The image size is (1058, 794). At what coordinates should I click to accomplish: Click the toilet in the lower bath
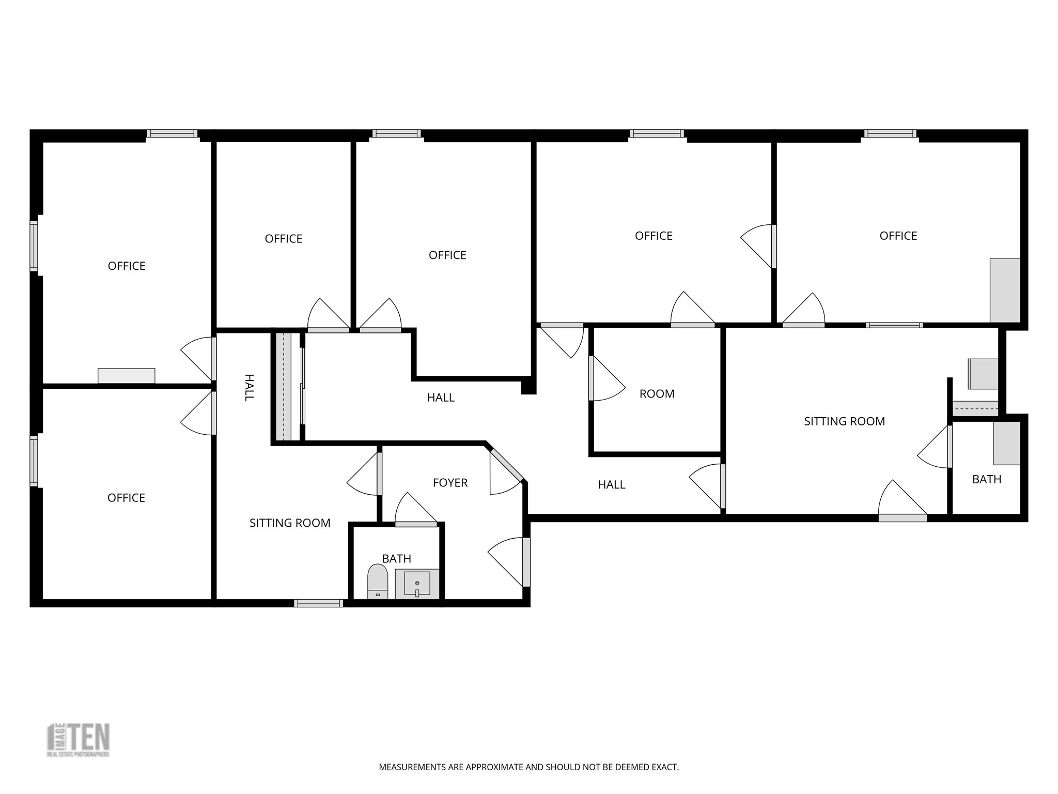click(378, 581)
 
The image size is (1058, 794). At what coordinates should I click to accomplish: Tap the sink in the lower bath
click(417, 584)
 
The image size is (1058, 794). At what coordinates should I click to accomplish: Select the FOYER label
click(450, 483)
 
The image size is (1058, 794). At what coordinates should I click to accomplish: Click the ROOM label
click(657, 394)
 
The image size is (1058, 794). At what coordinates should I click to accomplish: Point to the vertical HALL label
click(248, 388)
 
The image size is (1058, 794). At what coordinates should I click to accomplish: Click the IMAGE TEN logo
click(79, 740)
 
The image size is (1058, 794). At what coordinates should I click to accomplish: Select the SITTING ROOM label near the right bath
click(844, 421)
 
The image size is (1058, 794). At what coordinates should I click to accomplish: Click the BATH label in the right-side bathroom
click(986, 479)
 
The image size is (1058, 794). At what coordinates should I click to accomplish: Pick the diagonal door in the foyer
click(506, 465)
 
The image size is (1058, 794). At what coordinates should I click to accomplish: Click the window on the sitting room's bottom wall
click(318, 603)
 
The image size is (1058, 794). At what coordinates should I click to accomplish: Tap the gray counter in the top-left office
click(127, 376)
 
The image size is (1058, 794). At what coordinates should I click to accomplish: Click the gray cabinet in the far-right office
click(1005, 290)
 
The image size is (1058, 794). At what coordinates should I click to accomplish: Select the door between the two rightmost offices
click(773, 247)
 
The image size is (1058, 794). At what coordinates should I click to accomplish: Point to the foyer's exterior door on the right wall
click(526, 562)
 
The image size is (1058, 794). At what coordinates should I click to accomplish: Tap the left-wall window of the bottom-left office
click(34, 461)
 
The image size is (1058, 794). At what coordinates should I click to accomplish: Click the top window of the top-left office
click(172, 133)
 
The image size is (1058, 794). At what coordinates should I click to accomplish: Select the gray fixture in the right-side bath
click(1006, 443)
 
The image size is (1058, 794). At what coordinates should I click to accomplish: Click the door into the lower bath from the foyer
click(416, 524)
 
